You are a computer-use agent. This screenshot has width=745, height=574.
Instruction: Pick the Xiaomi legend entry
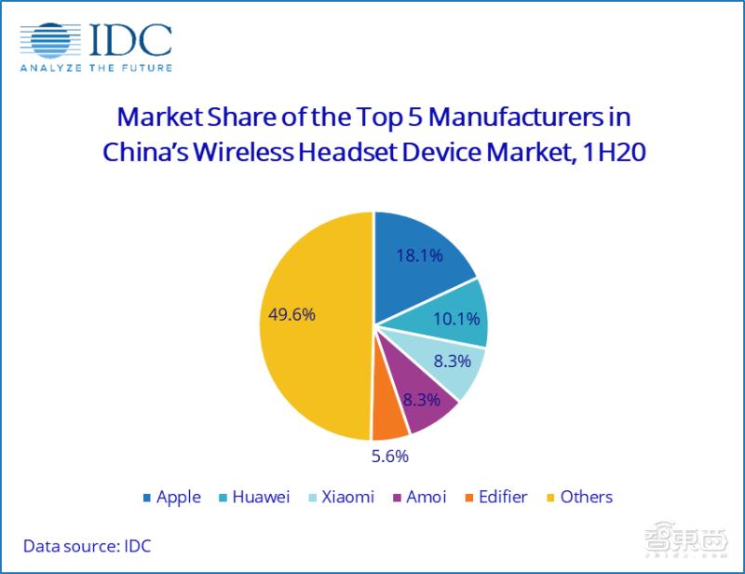coord(339,497)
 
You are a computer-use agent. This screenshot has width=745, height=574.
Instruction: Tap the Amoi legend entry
coord(418,497)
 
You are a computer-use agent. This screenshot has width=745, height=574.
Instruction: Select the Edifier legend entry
coord(496,497)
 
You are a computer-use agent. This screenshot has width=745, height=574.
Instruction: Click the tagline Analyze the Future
coord(97,68)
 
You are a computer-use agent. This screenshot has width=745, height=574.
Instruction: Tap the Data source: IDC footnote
coord(87,546)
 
